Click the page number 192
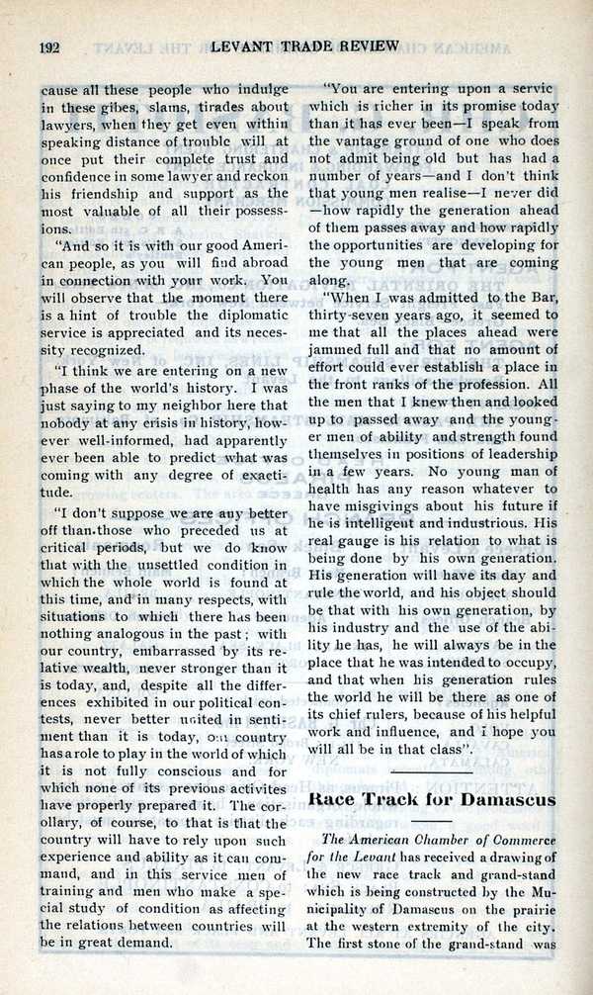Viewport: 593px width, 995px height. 51,46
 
